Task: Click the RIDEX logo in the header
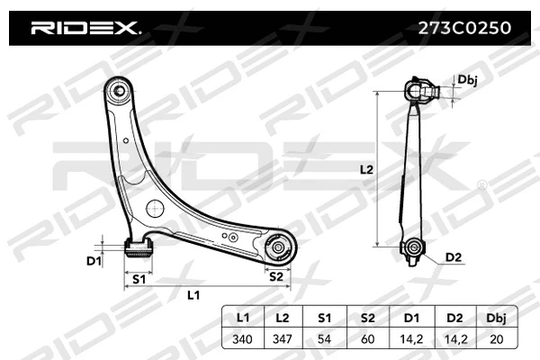[x=86, y=29]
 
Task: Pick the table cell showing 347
[x=282, y=339]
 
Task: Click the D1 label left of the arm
[x=94, y=261]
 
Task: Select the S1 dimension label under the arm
[x=139, y=279]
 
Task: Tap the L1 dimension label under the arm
[x=193, y=294]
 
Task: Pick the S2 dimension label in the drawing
[x=277, y=277]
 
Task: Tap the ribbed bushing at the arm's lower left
[x=137, y=247]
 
